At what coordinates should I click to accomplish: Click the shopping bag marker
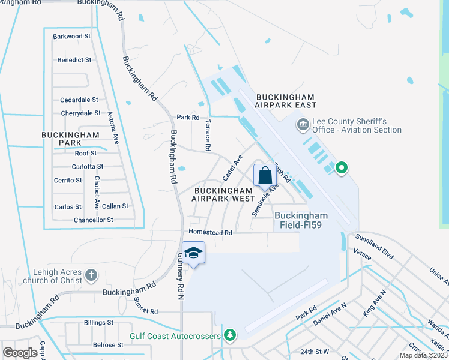click(x=265, y=176)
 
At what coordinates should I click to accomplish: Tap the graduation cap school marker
click(x=194, y=253)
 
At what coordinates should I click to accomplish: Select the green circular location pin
click(x=342, y=167)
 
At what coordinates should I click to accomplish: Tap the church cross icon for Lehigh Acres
click(x=91, y=275)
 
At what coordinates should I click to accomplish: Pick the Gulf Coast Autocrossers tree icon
click(x=229, y=334)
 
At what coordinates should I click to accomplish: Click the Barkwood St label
click(x=71, y=37)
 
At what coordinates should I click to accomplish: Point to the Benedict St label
click(x=74, y=60)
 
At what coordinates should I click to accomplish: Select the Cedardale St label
click(x=79, y=100)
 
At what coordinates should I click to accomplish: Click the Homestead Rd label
click(x=210, y=232)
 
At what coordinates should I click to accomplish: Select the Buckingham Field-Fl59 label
click(x=301, y=220)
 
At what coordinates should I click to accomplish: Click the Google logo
click(x=20, y=353)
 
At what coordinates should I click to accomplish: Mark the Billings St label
click(x=99, y=323)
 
